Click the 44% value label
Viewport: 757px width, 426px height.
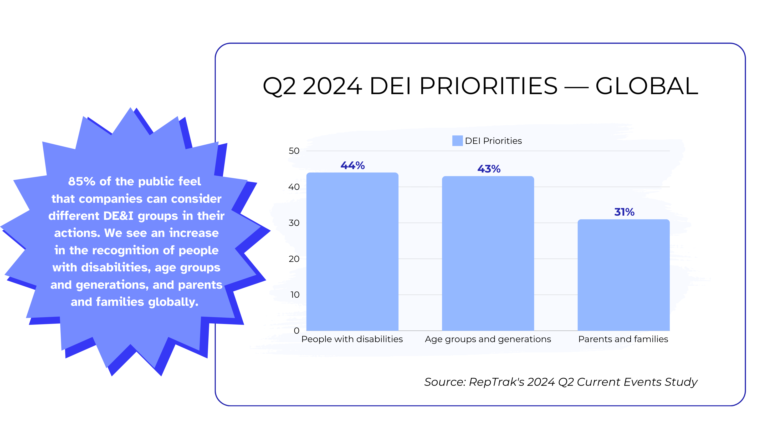point(352,165)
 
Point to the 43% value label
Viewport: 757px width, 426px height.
point(488,169)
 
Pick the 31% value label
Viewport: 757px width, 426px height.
point(624,212)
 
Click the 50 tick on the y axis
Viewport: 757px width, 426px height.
point(294,151)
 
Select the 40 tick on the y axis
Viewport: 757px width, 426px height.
point(294,187)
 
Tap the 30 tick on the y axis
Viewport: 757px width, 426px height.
point(294,223)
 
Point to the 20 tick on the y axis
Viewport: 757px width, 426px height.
point(294,259)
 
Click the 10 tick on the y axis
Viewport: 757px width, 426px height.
point(294,295)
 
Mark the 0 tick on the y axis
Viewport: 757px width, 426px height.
point(296,331)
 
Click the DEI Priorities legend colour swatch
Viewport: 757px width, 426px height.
point(457,141)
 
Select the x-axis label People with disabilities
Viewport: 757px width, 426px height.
point(352,339)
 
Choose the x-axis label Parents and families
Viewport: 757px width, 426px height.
point(623,339)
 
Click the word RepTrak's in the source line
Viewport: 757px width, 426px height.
point(496,382)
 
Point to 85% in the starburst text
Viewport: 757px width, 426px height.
point(81,181)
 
